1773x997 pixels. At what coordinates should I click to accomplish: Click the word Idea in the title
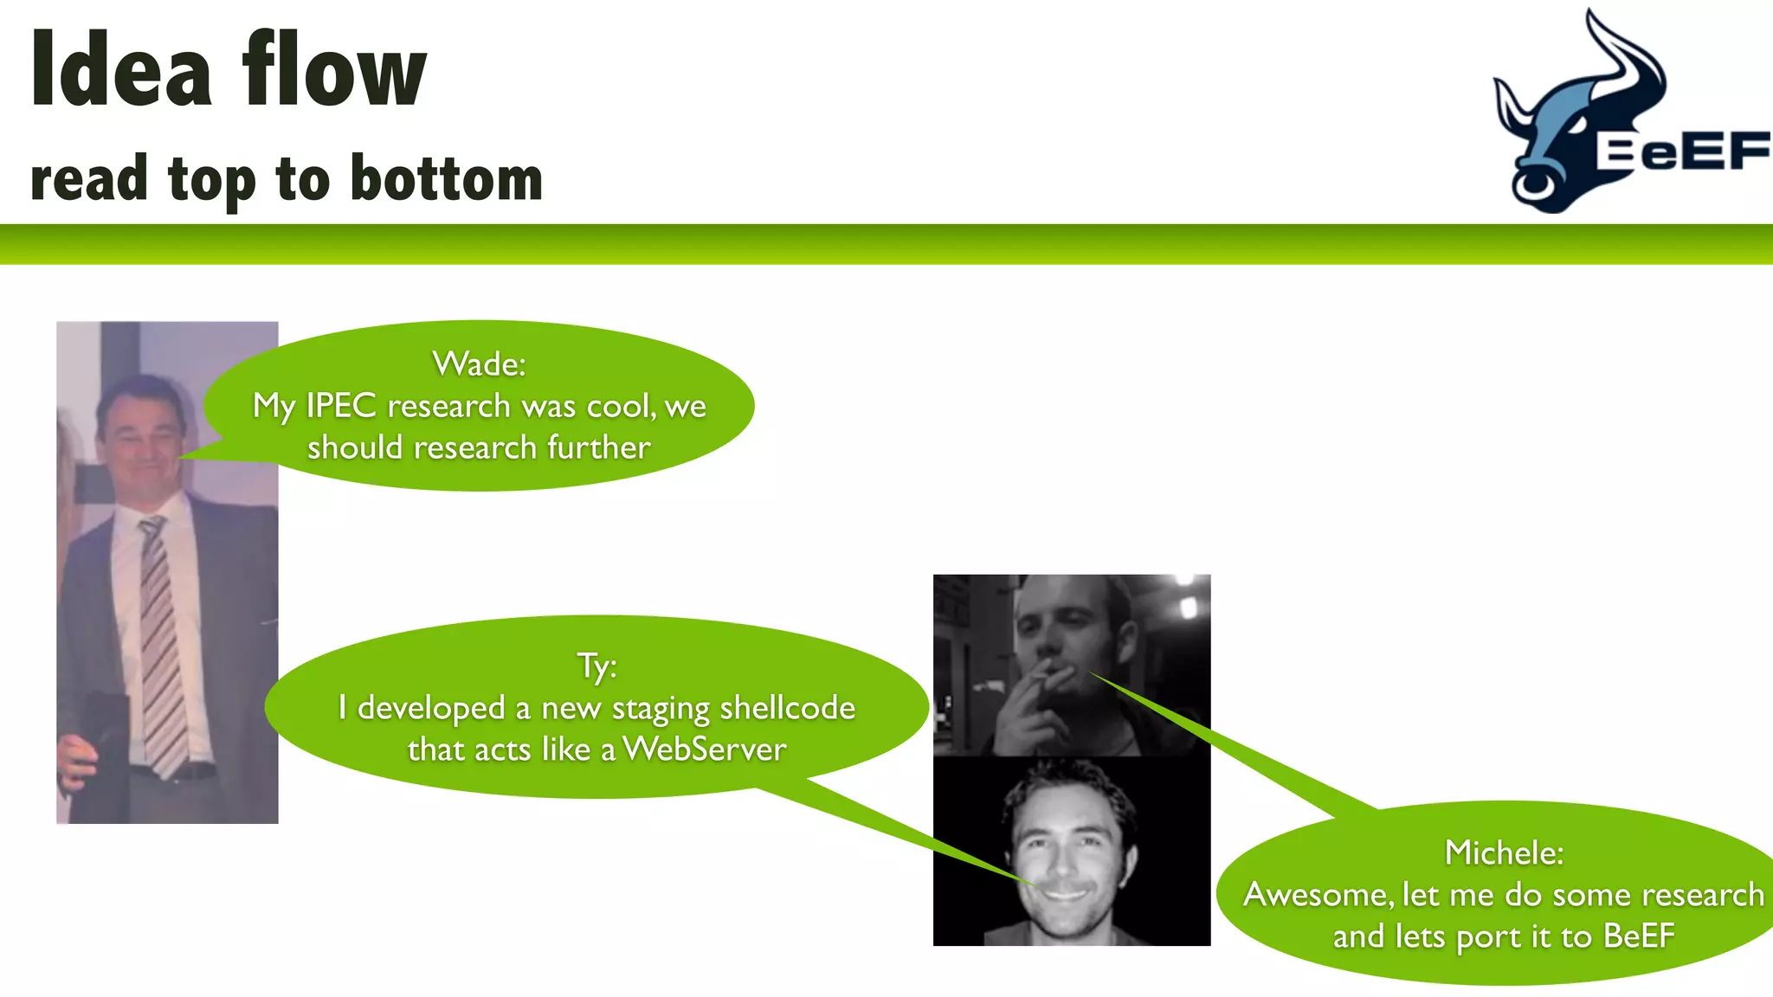[120, 69]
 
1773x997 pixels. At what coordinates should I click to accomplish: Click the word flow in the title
[334, 69]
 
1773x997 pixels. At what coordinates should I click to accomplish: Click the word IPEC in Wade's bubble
[340, 406]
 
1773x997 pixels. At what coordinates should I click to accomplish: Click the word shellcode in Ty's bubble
[787, 708]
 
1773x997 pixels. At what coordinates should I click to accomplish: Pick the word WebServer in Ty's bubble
[704, 749]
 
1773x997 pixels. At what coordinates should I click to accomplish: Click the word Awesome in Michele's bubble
[1315, 895]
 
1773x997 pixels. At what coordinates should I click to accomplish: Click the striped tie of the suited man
[163, 640]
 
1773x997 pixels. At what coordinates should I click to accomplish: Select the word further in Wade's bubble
[598, 447]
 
